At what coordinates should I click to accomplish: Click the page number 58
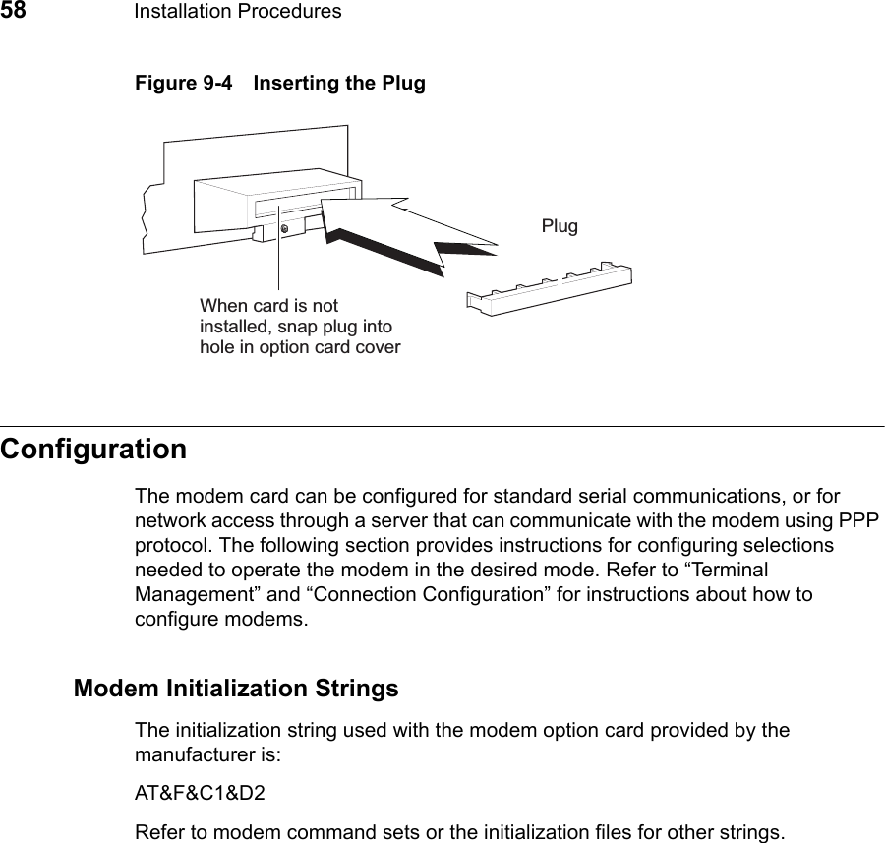pyautogui.click(x=13, y=11)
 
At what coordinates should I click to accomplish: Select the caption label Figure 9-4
pyautogui.click(x=178, y=84)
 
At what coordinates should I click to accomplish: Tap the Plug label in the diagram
pyautogui.click(x=560, y=226)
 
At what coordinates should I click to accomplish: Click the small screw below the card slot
pyautogui.click(x=284, y=229)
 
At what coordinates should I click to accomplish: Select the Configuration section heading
pyautogui.click(x=93, y=450)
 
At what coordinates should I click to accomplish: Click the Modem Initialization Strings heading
pyautogui.click(x=236, y=688)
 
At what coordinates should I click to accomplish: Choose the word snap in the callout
pyautogui.click(x=313, y=327)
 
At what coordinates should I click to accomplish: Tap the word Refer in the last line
pyautogui.click(x=160, y=833)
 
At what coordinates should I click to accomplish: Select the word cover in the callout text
pyautogui.click(x=377, y=347)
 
